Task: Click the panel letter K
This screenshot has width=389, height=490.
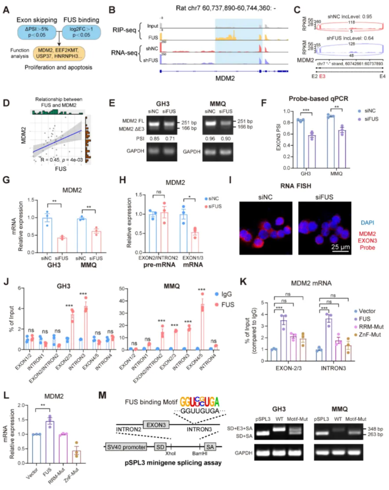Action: point(243,282)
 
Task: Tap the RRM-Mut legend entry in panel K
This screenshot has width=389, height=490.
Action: point(371,327)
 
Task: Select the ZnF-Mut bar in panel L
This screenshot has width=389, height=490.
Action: point(77,457)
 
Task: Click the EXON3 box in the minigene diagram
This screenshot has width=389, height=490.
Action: point(156,425)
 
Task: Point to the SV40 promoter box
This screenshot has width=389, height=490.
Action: point(126,447)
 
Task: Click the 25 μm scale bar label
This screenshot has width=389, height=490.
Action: point(340,247)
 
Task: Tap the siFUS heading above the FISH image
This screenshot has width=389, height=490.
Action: point(324,197)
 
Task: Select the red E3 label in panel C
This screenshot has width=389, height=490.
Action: point(322,76)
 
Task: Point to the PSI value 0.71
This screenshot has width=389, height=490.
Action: point(170,138)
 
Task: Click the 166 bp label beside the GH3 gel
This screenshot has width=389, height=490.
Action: point(189,128)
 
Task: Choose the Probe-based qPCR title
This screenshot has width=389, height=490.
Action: point(318,98)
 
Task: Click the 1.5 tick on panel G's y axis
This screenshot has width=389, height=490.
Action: point(31,200)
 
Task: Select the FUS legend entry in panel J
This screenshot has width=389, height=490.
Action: point(227,304)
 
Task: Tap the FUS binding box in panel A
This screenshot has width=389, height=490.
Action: point(81,32)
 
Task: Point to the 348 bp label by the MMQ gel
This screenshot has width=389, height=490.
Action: point(375,429)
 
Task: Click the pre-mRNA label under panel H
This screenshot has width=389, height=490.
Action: point(159,265)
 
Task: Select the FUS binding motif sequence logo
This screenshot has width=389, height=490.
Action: point(199,402)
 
